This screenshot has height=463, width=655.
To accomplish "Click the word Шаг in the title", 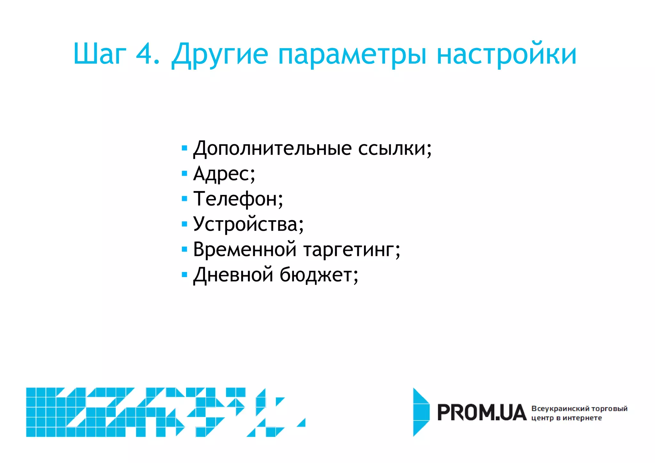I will [100, 53].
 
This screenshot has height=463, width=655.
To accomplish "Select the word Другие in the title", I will [220, 54].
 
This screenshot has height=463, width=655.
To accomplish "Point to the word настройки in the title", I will [507, 54].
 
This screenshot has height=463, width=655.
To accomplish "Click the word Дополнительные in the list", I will [272, 149].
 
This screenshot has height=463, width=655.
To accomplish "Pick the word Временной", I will [245, 249].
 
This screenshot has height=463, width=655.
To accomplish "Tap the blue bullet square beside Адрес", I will [184, 174].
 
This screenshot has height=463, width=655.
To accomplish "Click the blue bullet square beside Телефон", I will [184, 199].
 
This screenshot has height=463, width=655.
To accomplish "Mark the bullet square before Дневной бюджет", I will [184, 275].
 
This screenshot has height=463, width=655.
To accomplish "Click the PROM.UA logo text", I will [481, 412].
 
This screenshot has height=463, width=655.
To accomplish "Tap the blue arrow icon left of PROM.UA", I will [421, 412].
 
